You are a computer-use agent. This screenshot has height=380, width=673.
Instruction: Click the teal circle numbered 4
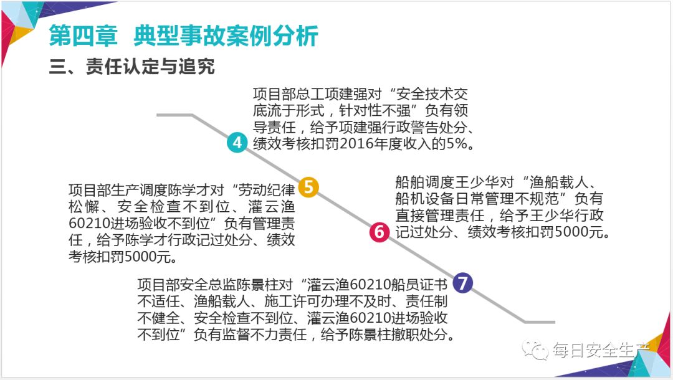pyautogui.click(x=237, y=142)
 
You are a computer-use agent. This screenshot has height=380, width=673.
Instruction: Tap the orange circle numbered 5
pyautogui.click(x=308, y=186)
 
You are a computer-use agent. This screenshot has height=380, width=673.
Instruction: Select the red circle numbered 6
pyautogui.click(x=379, y=232)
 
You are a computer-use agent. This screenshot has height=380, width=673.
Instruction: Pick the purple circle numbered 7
pyautogui.click(x=462, y=283)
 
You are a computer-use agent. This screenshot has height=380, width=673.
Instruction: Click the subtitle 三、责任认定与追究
pyautogui.click(x=131, y=67)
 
